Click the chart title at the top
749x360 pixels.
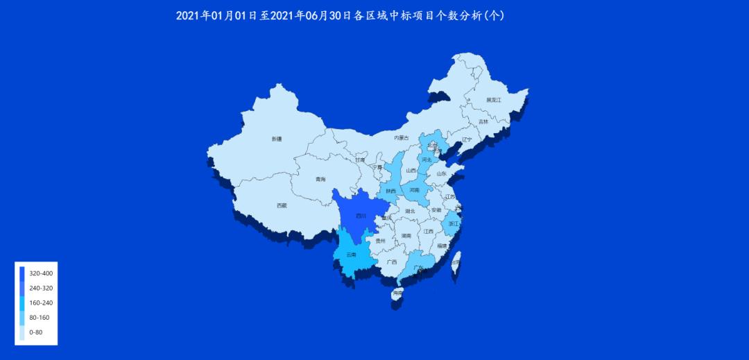340,15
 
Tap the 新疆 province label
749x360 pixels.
277,139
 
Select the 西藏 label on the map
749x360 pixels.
281,205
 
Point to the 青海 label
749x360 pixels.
320,180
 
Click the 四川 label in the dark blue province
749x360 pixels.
361,216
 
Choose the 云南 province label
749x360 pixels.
351,255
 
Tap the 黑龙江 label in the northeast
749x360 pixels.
493,100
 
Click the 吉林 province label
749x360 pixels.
483,122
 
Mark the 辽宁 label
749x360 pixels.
466,139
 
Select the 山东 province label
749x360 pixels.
441,174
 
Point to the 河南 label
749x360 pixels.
414,189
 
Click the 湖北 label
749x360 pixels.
410,212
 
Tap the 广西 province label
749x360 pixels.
392,262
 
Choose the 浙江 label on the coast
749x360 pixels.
454,224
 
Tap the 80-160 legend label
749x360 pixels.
39,318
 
